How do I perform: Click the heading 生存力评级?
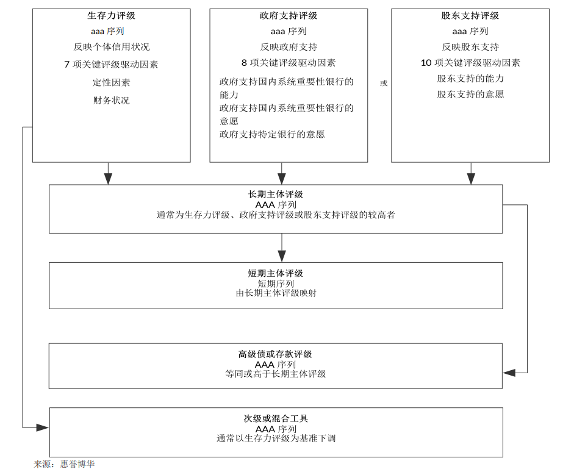(111, 16)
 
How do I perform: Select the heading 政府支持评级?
(289, 16)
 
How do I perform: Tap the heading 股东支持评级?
(470, 16)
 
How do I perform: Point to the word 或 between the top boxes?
(384, 83)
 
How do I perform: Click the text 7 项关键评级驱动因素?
(111, 65)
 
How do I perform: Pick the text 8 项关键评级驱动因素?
(289, 63)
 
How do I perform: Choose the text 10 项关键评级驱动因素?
(470, 63)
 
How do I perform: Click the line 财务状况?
(111, 100)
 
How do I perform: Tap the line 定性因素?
(111, 82)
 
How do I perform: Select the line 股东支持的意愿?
(470, 95)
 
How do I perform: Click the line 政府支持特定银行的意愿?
(272, 134)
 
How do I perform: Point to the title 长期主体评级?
(276, 195)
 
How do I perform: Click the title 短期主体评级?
(276, 273)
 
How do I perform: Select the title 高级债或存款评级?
(275, 354)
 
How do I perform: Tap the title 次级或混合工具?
(276, 418)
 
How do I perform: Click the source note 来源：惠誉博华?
(65, 464)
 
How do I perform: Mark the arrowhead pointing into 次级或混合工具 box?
(43, 427)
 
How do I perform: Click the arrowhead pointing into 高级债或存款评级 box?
(509, 373)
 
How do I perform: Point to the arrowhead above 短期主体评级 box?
(282, 256)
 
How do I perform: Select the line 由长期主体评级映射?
(276, 293)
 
